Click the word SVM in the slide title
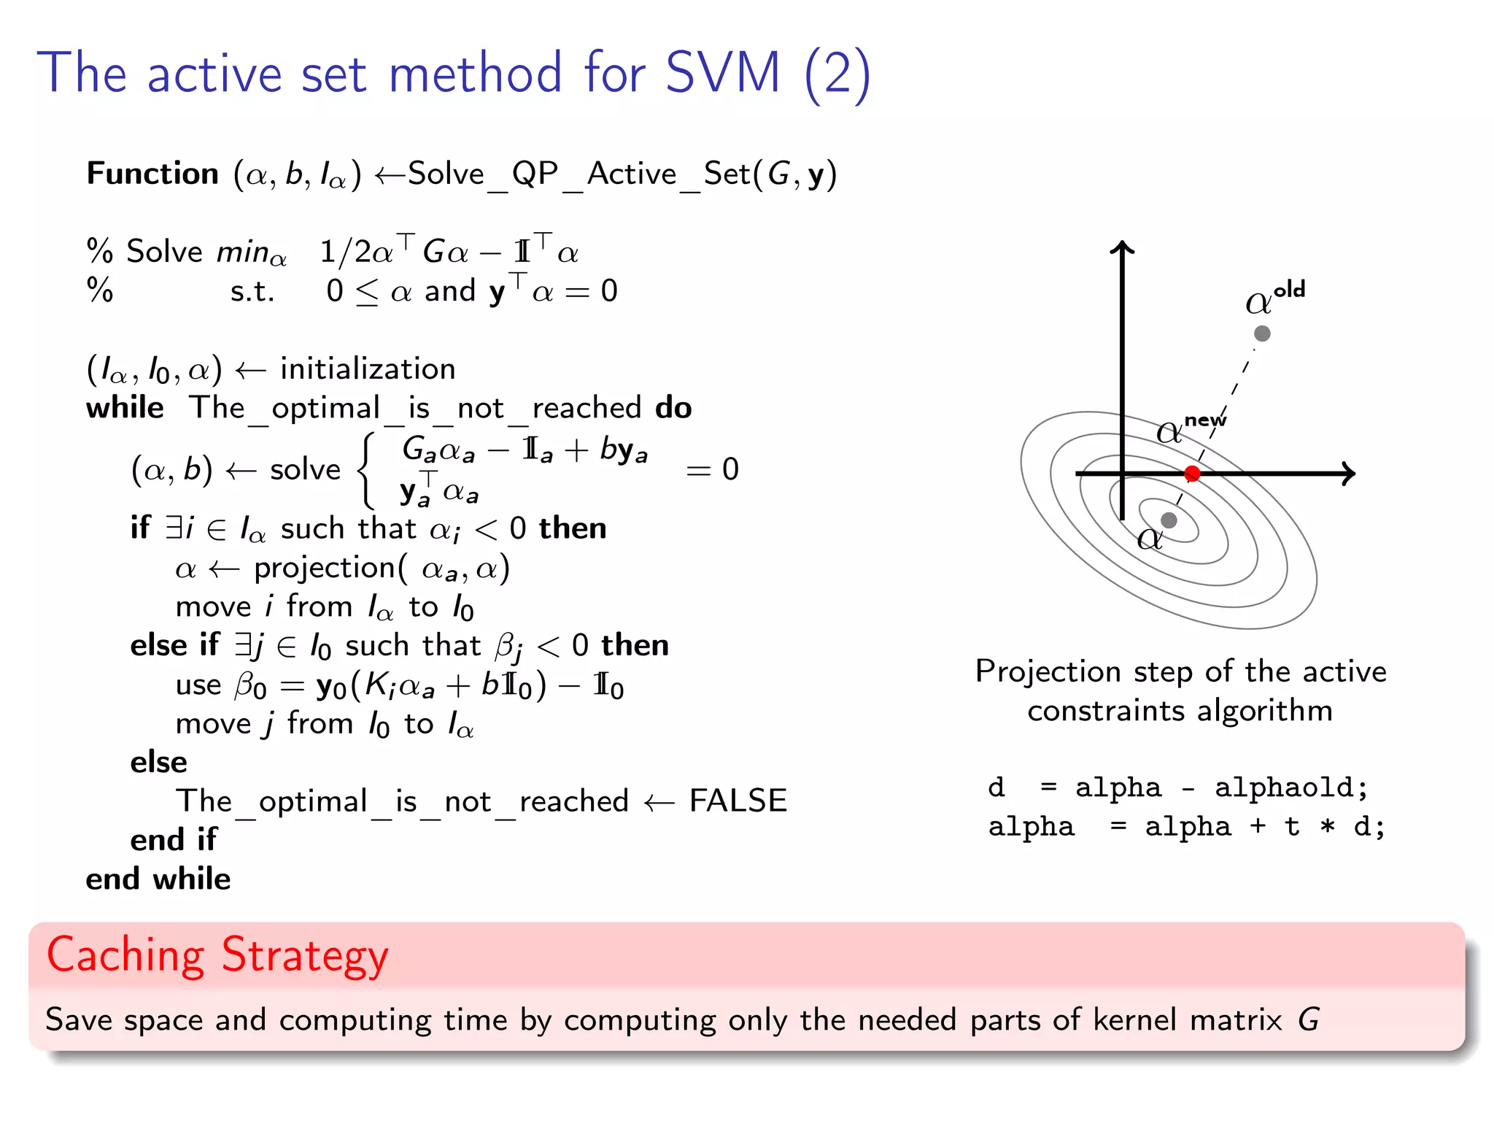(x=722, y=73)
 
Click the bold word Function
(x=152, y=174)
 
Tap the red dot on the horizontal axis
(x=1193, y=474)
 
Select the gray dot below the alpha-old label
(x=1262, y=334)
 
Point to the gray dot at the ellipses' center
(x=1169, y=520)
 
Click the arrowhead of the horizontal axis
(x=1350, y=474)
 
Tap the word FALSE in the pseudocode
(x=738, y=801)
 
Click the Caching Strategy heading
(x=217, y=955)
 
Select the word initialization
(x=368, y=369)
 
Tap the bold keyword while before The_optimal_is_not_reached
(x=125, y=407)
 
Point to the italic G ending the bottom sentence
(x=1309, y=1020)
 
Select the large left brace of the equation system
(x=368, y=470)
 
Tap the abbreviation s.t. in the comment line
(x=252, y=291)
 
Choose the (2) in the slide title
(x=837, y=74)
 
